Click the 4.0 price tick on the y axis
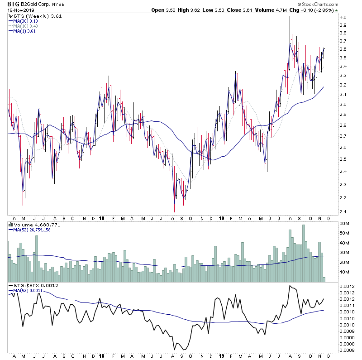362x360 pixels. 343,18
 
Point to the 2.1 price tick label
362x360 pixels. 343,212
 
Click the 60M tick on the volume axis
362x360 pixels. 345,223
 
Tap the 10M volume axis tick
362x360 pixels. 345,272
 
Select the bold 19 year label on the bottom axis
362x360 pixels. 221,218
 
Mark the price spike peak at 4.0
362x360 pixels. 290,17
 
